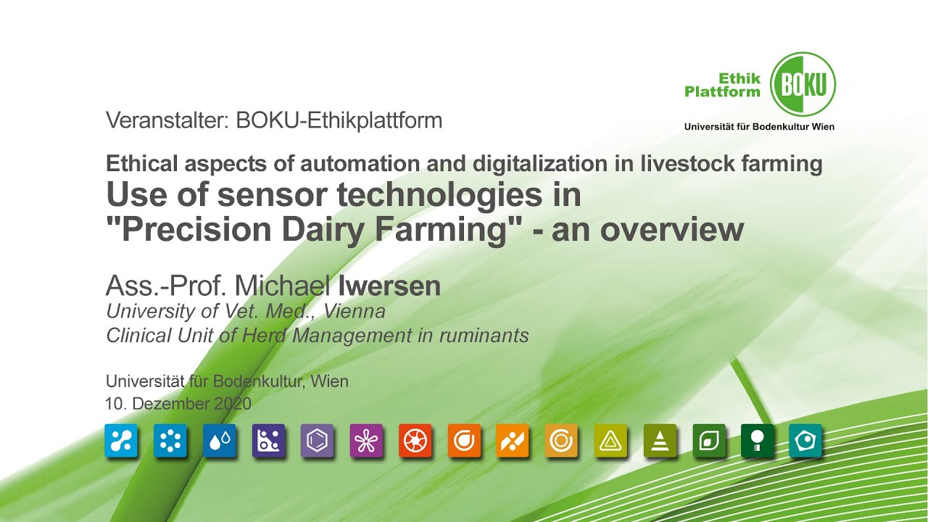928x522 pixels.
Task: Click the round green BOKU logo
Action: (803, 84)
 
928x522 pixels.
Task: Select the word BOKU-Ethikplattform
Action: (339, 120)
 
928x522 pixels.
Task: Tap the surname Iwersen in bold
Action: (389, 286)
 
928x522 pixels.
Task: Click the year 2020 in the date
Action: (232, 404)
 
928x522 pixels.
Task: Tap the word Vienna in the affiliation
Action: (355, 312)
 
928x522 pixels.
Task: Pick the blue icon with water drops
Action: (220, 441)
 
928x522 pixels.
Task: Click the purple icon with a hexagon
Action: (317, 441)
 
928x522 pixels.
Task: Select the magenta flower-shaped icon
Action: (366, 441)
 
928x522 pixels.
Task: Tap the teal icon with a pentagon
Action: (805, 441)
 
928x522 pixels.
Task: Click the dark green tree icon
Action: (757, 441)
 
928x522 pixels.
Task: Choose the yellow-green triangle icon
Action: (610, 441)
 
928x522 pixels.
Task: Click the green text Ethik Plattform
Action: (723, 85)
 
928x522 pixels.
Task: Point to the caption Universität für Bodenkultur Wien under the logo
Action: (759, 127)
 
